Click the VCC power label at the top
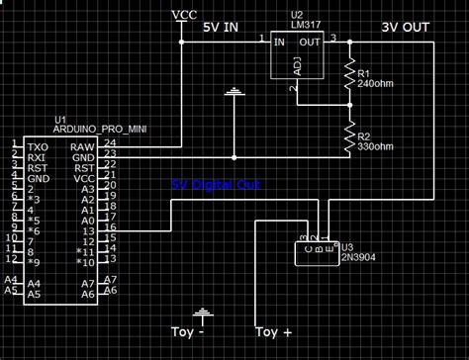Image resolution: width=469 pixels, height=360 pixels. (184, 14)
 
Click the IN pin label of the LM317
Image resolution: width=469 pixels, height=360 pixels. (280, 42)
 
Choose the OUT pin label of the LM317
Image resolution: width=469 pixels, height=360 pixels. (311, 42)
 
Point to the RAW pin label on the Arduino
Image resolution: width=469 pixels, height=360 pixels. (84, 145)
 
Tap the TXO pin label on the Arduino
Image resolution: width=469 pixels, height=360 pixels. (37, 145)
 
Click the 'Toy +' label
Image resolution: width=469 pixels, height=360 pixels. (274, 332)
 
